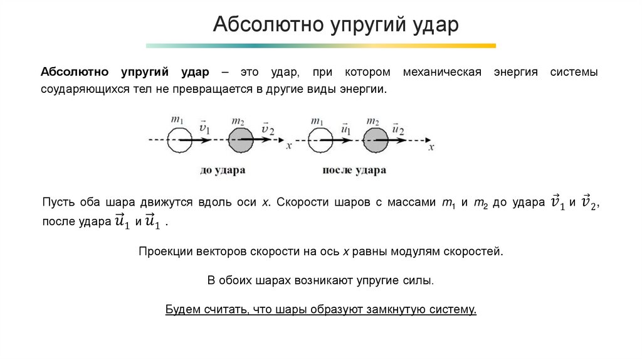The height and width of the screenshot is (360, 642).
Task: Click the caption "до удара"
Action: (x=223, y=170)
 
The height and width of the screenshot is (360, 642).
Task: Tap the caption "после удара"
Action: (x=354, y=170)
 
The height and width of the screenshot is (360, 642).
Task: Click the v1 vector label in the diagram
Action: (x=204, y=128)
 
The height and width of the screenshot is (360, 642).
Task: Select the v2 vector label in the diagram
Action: (x=268, y=128)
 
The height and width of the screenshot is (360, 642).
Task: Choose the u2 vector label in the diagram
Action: (x=397, y=128)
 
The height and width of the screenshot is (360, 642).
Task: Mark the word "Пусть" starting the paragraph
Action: (x=57, y=203)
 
